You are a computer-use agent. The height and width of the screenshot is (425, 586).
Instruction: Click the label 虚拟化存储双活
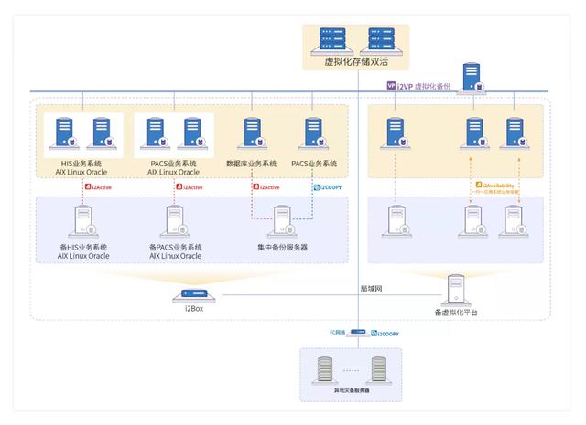pos(356,61)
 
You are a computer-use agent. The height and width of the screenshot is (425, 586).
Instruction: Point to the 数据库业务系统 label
pos(251,163)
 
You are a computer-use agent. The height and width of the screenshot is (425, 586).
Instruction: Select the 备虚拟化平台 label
pos(456,313)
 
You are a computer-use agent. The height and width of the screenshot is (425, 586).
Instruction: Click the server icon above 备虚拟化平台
pos(456,290)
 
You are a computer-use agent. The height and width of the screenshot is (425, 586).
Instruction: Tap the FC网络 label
pos(338,333)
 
